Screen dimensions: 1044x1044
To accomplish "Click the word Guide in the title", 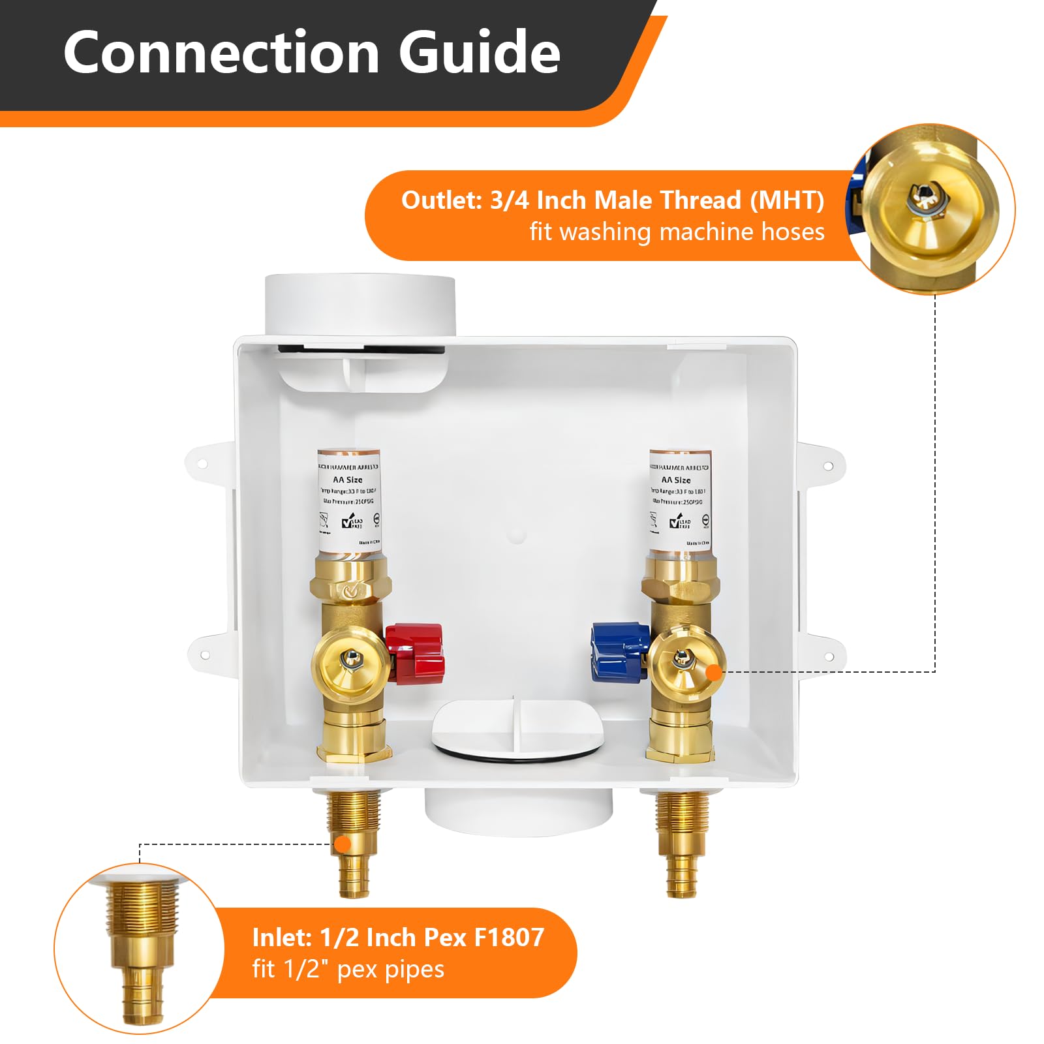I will coord(480,52).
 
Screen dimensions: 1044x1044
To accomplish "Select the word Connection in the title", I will coord(221,52).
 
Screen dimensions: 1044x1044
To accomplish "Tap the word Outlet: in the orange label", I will coord(440,200).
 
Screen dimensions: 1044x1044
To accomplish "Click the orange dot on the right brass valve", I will coord(715,671).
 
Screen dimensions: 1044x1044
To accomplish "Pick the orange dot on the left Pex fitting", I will coord(343,844).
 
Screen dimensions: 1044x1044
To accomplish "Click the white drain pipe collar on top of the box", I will coord(359,303).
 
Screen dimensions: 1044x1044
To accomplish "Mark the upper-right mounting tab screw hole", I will coord(828,466).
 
